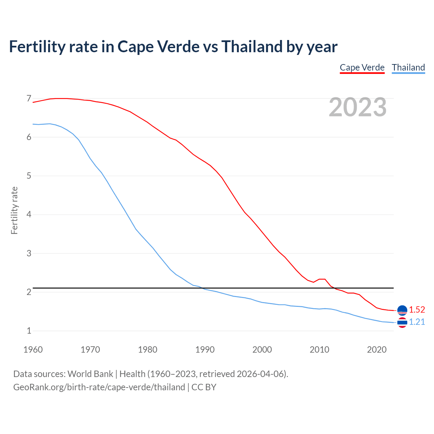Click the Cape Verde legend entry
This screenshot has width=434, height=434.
click(x=362, y=67)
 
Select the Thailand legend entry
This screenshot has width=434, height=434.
click(x=408, y=67)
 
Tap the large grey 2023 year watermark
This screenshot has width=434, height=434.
click(x=357, y=107)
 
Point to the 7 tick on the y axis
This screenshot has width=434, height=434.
click(x=29, y=99)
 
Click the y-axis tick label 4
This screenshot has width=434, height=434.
click(x=29, y=215)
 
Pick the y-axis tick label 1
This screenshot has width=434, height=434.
click(x=29, y=331)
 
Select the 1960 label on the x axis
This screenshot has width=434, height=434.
click(x=33, y=350)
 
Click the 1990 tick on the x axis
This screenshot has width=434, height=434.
click(x=205, y=350)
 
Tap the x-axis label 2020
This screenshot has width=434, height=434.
click(x=377, y=350)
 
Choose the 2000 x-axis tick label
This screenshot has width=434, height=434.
click(x=262, y=350)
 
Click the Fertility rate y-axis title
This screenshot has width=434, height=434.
click(x=14, y=210)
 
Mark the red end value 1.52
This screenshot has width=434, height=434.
click(x=417, y=310)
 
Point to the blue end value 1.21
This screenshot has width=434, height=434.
click(x=417, y=322)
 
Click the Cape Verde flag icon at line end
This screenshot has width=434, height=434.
click(x=402, y=310)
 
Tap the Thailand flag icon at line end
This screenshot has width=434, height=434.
click(x=402, y=323)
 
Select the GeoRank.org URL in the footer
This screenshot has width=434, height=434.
click(x=99, y=387)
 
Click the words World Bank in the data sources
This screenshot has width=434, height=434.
click(x=90, y=374)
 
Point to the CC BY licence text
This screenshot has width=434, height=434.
click(x=204, y=387)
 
